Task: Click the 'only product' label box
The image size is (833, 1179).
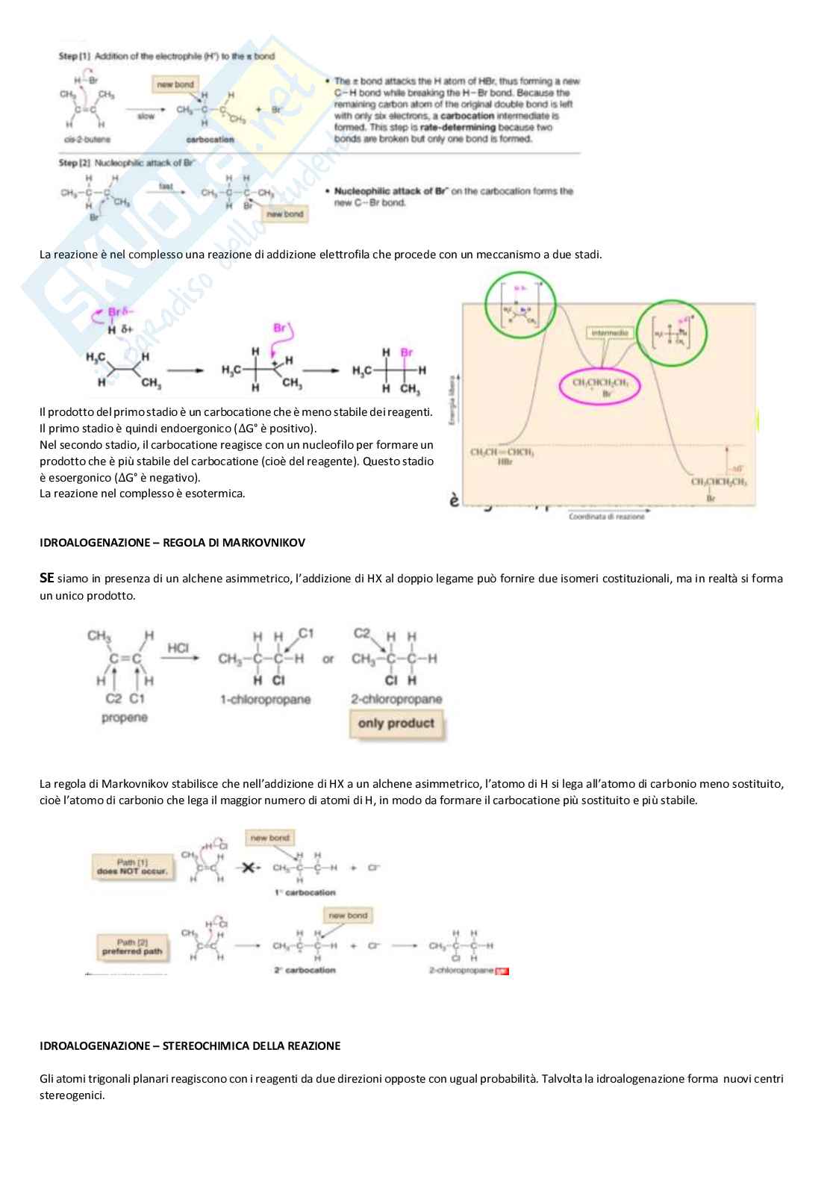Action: pyautogui.click(x=396, y=724)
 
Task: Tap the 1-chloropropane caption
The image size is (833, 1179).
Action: pyautogui.click(x=265, y=700)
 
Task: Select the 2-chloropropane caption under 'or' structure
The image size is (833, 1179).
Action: pyautogui.click(x=396, y=700)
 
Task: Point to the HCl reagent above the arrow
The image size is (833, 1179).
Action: pyautogui.click(x=178, y=648)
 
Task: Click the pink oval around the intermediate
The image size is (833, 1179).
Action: pyautogui.click(x=600, y=386)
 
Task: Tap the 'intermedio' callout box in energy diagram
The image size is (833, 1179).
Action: pyautogui.click(x=609, y=333)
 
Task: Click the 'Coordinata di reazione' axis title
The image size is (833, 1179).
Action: pyautogui.click(x=606, y=517)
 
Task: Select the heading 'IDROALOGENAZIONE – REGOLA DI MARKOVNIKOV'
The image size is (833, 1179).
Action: pyautogui.click(x=172, y=543)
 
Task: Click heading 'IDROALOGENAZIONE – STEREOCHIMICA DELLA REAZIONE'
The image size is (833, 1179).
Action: pyautogui.click(x=190, y=1046)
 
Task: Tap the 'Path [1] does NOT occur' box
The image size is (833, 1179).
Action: pyautogui.click(x=132, y=867)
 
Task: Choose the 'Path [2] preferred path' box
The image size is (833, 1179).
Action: pyautogui.click(x=131, y=947)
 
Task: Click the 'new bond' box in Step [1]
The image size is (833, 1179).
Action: pyautogui.click(x=175, y=85)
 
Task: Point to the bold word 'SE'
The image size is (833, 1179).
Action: pyautogui.click(x=46, y=578)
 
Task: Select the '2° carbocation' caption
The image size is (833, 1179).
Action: pyautogui.click(x=305, y=970)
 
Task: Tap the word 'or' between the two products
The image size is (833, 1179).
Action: pyautogui.click(x=328, y=659)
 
